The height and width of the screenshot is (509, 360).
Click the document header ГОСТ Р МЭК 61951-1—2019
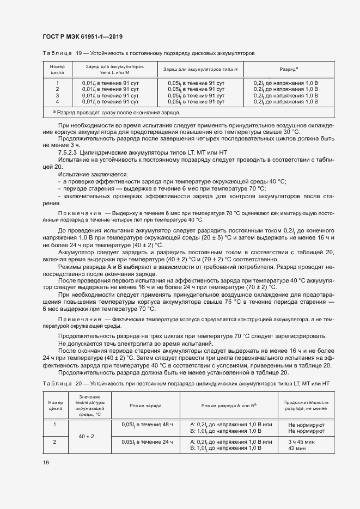pyautogui.click(x=82, y=36)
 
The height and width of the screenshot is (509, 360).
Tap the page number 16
pyautogui.click(x=46, y=462)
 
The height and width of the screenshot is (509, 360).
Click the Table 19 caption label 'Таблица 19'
pyautogui.click(x=62, y=53)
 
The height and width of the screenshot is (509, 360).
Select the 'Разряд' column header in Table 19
pyautogui.click(x=288, y=70)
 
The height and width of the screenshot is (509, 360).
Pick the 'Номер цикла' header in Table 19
pyautogui.click(x=57, y=69)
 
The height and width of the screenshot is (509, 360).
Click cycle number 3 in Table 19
pyautogui.click(x=57, y=95)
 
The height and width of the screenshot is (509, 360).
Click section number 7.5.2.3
pyautogui.click(x=70, y=153)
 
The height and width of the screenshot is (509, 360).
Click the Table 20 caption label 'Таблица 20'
pyautogui.click(x=62, y=384)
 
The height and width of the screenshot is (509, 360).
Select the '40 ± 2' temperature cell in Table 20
pyautogui.click(x=86, y=437)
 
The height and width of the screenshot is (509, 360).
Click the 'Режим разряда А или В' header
pyautogui.click(x=229, y=406)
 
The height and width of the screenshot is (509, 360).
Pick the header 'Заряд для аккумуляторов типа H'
pyautogui.click(x=202, y=70)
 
